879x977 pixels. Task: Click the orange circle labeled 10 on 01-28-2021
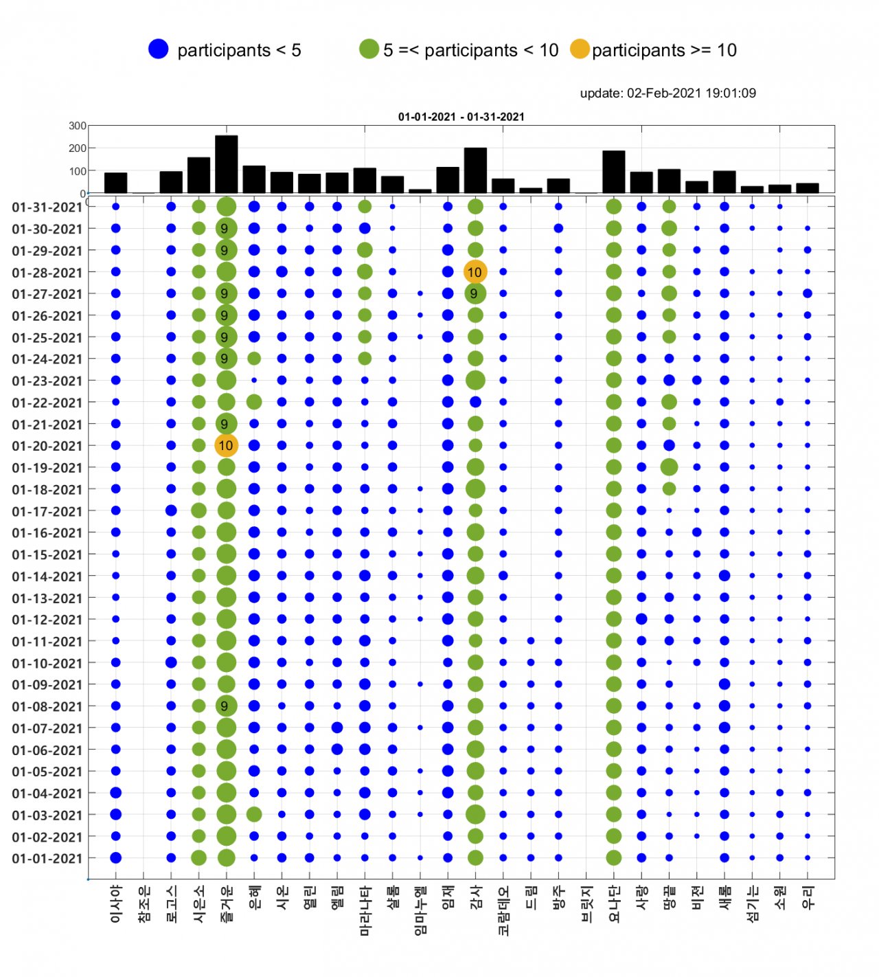click(475, 272)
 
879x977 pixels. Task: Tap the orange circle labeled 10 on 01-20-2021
click(226, 446)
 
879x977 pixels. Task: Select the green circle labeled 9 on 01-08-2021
click(226, 706)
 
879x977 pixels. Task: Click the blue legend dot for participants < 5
click(159, 49)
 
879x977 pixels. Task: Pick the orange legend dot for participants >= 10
click(580, 49)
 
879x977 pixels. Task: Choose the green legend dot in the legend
click(369, 49)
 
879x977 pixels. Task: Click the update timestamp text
click(667, 93)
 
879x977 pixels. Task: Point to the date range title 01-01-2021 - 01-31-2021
click(461, 117)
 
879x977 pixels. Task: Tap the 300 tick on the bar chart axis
click(78, 126)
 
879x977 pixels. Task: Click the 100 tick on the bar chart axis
click(78, 171)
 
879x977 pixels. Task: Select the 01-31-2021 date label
click(47, 207)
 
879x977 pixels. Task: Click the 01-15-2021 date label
click(47, 554)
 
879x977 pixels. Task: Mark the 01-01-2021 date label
click(47, 858)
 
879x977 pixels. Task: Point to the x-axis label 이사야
click(116, 903)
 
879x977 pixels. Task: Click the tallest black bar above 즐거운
click(226, 165)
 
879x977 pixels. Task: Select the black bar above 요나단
click(614, 172)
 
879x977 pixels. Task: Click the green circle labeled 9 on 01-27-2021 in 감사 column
click(475, 294)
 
